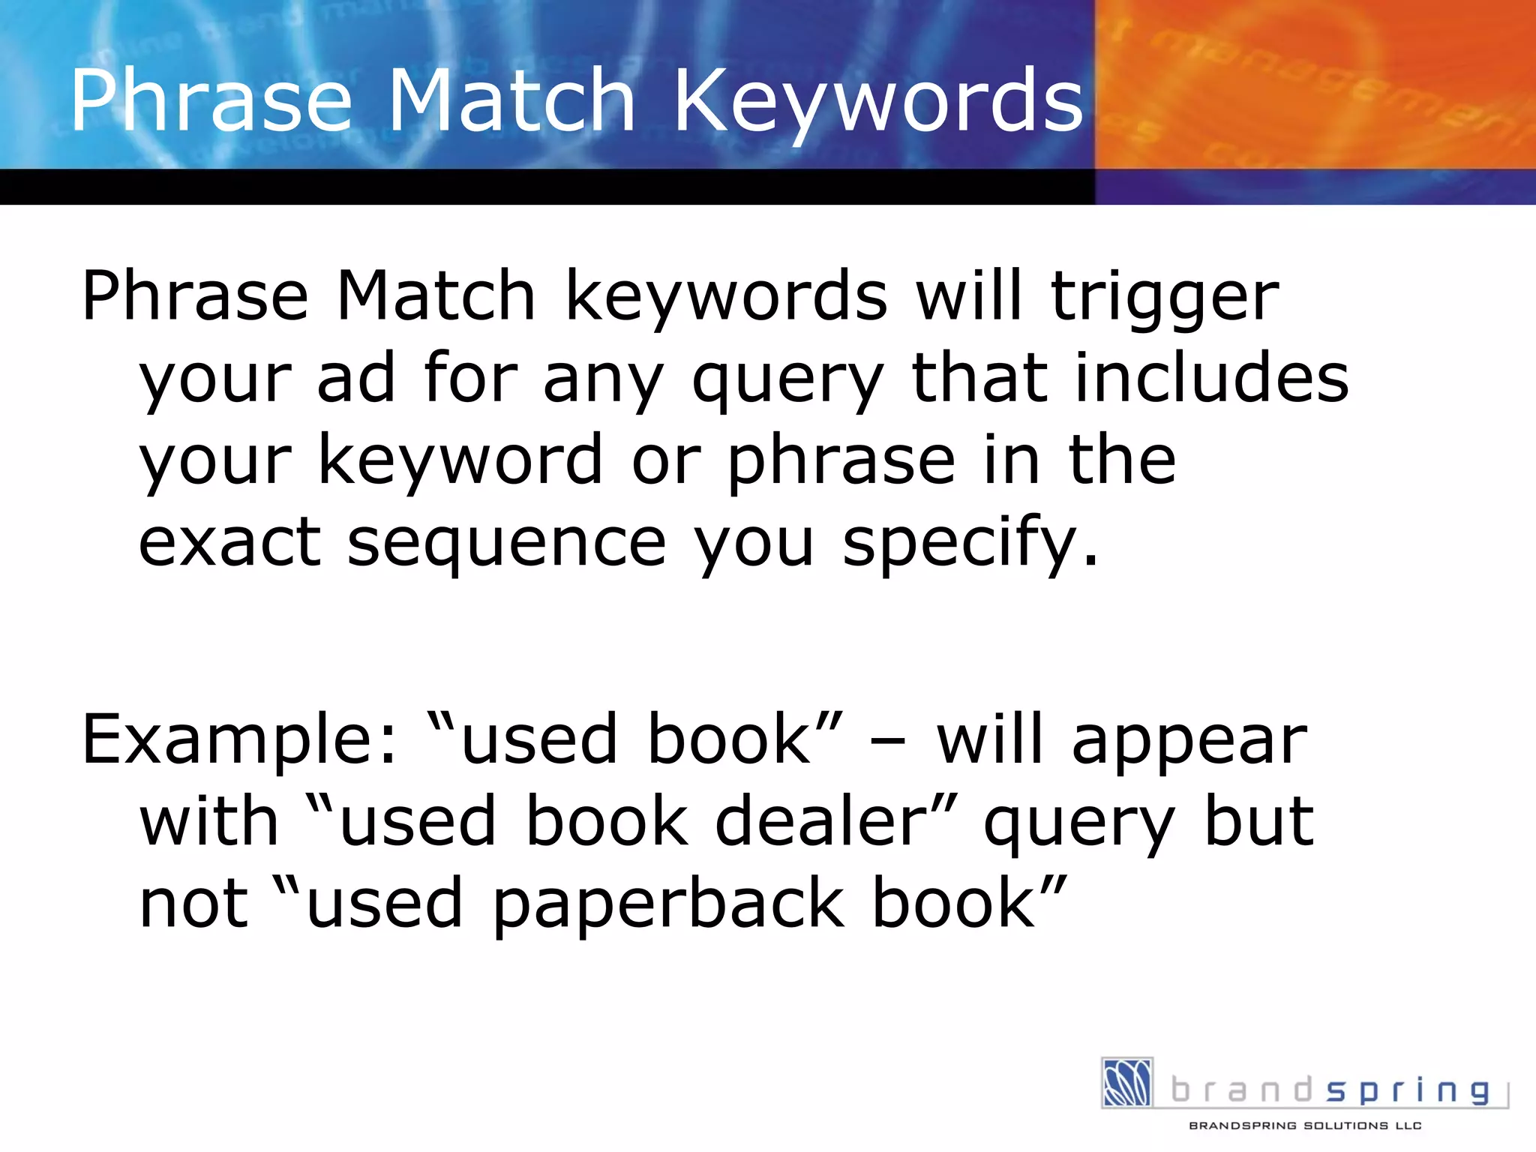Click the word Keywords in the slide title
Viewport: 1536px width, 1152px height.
pos(878,101)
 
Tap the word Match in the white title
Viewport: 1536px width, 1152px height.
pos(512,101)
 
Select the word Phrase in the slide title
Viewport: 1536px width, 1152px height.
pos(211,101)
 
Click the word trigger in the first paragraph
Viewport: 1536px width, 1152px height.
pos(1165,298)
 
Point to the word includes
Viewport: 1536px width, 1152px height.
pos(1211,378)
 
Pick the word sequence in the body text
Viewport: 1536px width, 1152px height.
pos(506,543)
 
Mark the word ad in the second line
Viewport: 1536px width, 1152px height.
pos(355,378)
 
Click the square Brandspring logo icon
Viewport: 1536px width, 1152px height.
pos(1126,1082)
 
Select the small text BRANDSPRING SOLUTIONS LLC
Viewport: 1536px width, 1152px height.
pos(1305,1125)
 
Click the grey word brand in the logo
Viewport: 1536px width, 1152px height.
pos(1242,1090)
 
